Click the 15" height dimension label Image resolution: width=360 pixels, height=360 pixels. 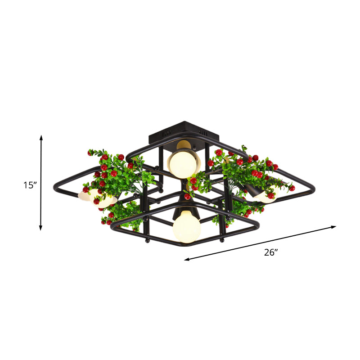click(30, 185)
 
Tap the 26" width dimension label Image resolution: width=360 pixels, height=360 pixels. click(270, 252)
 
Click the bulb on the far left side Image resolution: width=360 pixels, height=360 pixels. click(99, 198)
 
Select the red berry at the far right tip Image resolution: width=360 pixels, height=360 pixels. click(292, 188)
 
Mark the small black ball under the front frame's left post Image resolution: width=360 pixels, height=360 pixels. click(146, 242)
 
